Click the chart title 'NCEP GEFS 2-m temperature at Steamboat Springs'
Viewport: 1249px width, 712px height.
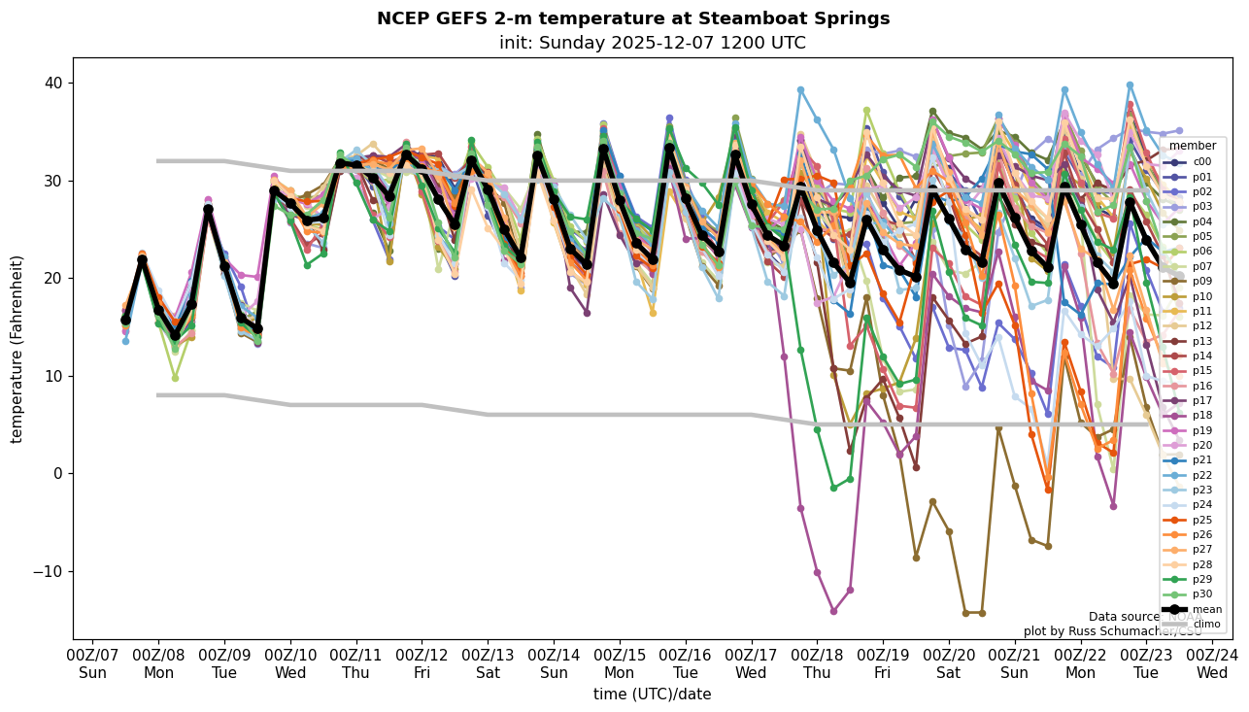pyautogui.click(x=632, y=18)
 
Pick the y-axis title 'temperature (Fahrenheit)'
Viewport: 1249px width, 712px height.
pyautogui.click(x=17, y=349)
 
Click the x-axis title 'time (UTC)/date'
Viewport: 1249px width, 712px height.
pyautogui.click(x=652, y=694)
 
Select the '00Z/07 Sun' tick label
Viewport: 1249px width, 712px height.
pyautogui.click(x=92, y=663)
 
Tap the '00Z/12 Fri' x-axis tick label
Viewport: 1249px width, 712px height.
pyautogui.click(x=422, y=663)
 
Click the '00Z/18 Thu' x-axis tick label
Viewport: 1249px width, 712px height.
pyautogui.click(x=816, y=663)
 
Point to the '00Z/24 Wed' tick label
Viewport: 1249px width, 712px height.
pyautogui.click(x=1211, y=663)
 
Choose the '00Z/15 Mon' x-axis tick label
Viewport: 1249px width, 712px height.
pyautogui.click(x=619, y=663)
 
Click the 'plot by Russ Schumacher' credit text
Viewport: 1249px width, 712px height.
pyautogui.click(x=1112, y=631)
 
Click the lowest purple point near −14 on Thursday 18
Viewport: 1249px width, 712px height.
pyautogui.click(x=833, y=611)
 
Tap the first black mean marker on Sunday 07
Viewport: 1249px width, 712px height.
pyautogui.click(x=125, y=320)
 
